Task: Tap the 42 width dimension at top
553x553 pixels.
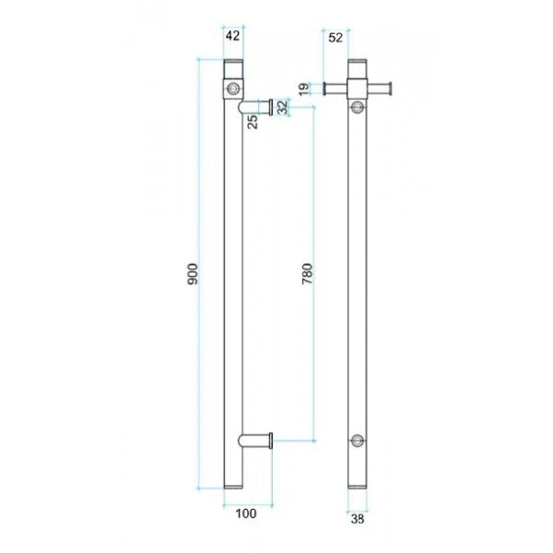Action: tap(232, 37)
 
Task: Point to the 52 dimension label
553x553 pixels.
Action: tap(335, 37)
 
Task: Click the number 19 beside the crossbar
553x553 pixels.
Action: tap(303, 88)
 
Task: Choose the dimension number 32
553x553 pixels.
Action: tap(282, 106)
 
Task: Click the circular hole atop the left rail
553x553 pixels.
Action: tap(233, 88)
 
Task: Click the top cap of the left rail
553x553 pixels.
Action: tap(233, 69)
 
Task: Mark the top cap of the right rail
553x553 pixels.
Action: tap(359, 69)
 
